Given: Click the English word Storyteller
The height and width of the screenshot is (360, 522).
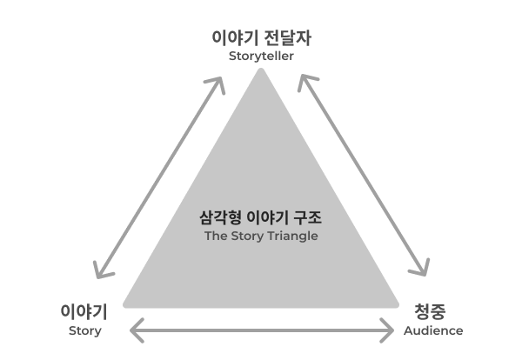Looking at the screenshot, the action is (x=261, y=57).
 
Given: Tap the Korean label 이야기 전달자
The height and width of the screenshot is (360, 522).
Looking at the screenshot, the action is (x=261, y=37).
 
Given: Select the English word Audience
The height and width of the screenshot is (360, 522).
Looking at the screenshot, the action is (x=433, y=330).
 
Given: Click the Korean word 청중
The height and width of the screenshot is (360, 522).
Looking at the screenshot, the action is (x=430, y=311).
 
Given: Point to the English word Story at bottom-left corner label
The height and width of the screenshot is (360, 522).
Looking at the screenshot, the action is (x=85, y=331).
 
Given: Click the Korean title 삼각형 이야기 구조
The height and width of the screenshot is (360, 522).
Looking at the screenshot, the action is (x=261, y=218).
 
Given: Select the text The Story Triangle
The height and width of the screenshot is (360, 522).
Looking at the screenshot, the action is (x=261, y=237).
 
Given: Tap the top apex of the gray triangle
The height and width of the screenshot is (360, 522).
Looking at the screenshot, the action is (x=261, y=69).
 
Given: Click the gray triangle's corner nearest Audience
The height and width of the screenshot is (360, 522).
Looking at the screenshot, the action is (x=398, y=305).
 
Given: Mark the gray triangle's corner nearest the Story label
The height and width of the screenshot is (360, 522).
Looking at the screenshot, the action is (x=124, y=305).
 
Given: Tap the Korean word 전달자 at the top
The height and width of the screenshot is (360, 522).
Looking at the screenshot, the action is (x=288, y=37).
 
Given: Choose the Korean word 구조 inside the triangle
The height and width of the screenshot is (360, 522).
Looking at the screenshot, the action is (x=308, y=218).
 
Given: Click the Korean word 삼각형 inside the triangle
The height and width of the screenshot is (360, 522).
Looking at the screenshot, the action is (x=220, y=218).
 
